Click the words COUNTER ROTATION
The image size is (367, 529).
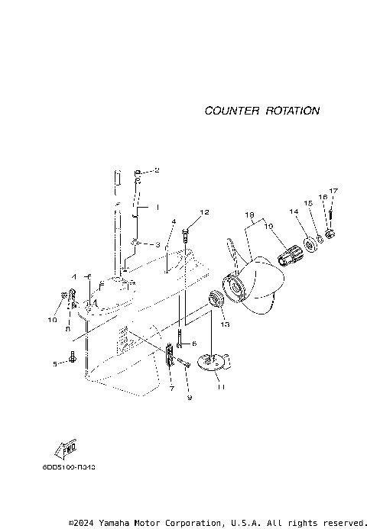pos(261,111)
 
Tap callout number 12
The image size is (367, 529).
pos(204,211)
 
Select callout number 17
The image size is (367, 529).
pos(333,190)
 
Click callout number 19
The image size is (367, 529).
pos(268,226)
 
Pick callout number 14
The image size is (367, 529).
pos(293,211)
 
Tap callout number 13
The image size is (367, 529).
pos(225,324)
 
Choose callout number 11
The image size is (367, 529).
pos(221,388)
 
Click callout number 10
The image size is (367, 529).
pos(53,320)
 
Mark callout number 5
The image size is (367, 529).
pos(55,364)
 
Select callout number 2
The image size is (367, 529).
pos(157,170)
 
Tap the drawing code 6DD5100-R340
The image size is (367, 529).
pos(74,485)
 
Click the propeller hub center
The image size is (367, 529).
pos(233,288)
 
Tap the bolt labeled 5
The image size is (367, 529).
pos(72,356)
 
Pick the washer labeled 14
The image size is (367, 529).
pos(312,244)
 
